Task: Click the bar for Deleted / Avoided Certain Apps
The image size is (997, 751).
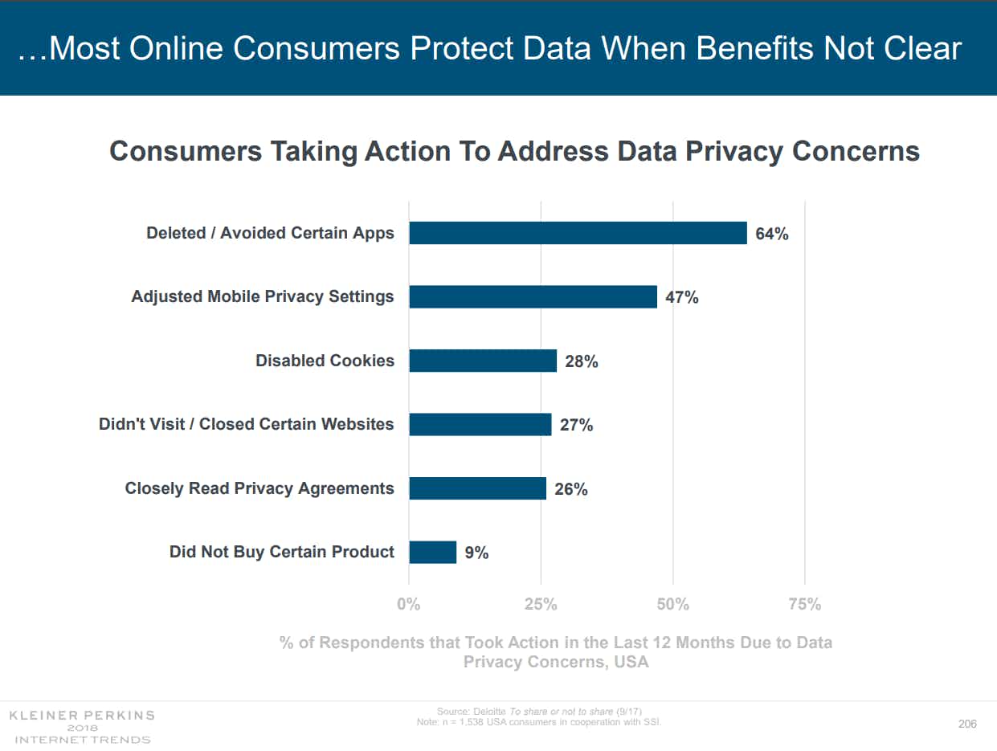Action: [x=578, y=233]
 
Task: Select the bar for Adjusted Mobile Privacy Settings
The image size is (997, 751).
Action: [x=533, y=296]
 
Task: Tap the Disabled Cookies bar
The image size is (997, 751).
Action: [x=482, y=361]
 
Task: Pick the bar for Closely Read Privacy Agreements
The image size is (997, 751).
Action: [x=477, y=488]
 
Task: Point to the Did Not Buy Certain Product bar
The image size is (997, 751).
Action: [x=432, y=552]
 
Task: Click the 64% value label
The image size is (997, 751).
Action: [x=771, y=235]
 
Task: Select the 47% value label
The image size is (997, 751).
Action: [x=681, y=298]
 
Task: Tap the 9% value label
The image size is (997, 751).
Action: [x=476, y=553]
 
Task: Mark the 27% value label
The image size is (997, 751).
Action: [x=576, y=426]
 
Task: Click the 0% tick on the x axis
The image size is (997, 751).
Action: [x=409, y=605]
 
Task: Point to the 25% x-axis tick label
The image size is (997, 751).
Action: [x=541, y=605]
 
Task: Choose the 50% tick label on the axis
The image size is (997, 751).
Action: [x=672, y=605]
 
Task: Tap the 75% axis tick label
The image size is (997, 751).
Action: [x=804, y=605]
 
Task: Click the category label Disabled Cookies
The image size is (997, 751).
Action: [x=325, y=361]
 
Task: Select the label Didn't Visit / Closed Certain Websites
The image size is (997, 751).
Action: [x=246, y=424]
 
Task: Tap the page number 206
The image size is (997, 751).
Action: [x=967, y=724]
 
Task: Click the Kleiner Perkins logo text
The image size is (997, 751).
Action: [x=81, y=715]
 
